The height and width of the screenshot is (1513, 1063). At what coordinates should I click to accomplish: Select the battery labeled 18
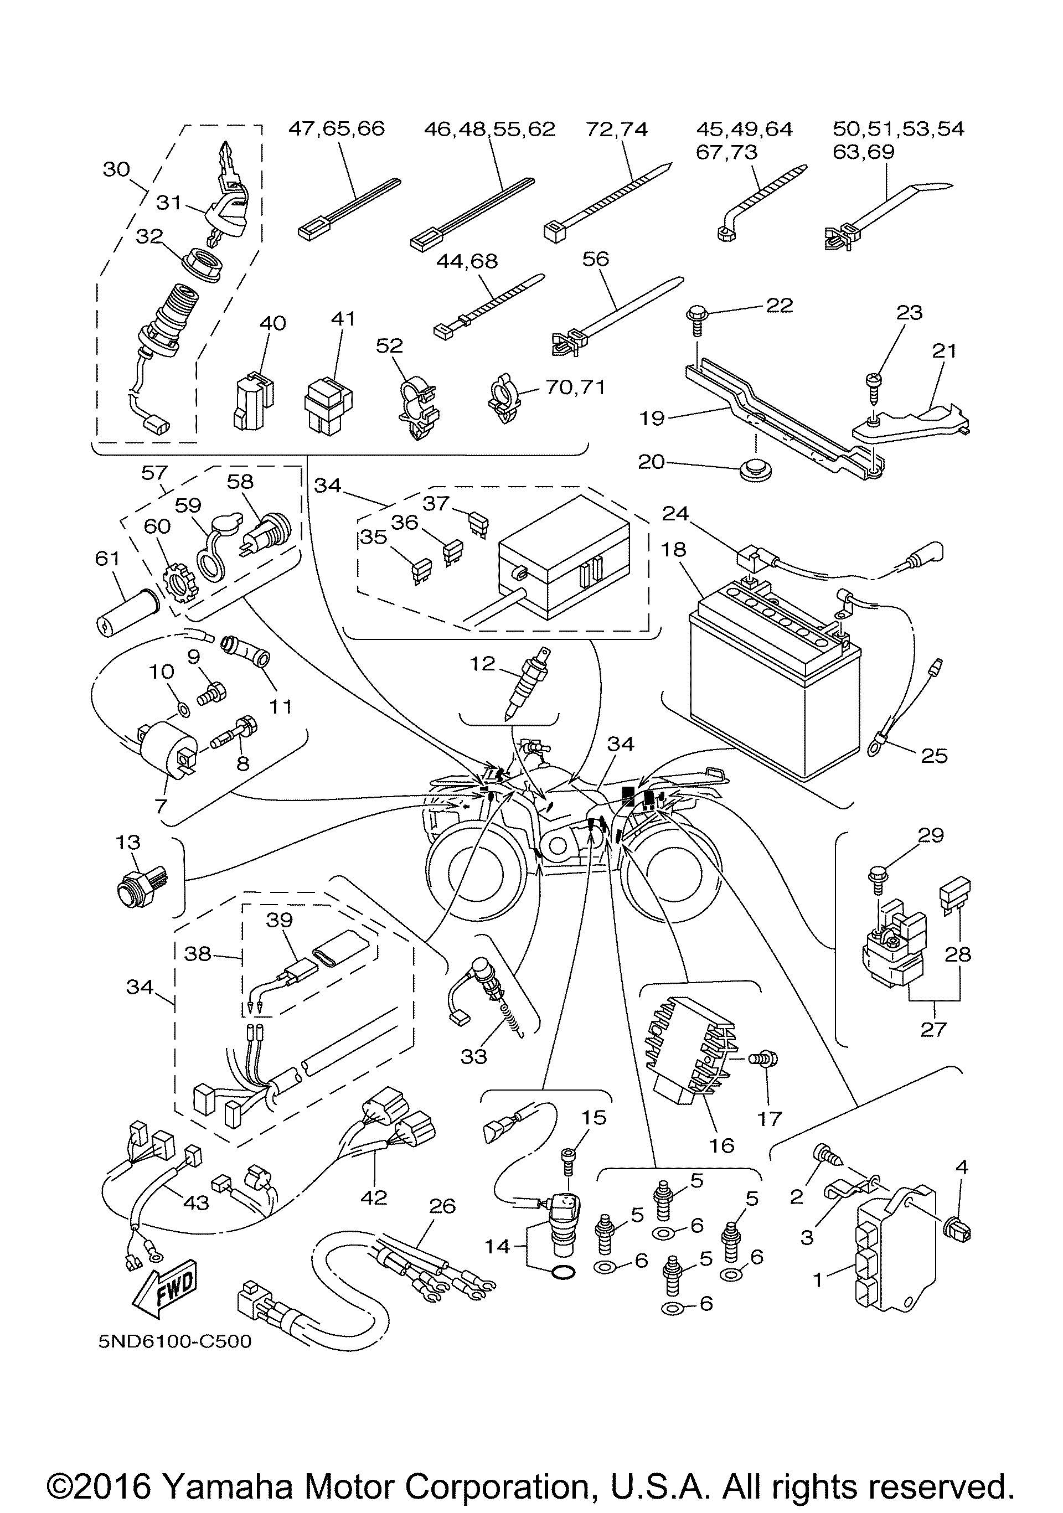pos(775,672)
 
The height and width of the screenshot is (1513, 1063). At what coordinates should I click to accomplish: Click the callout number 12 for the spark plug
pos(482,664)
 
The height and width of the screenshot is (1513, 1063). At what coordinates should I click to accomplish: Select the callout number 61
pos(107,559)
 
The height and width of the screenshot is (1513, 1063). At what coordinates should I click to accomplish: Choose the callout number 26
pos(442,1206)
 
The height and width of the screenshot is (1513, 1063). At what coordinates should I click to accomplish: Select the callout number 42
pos(374,1197)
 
